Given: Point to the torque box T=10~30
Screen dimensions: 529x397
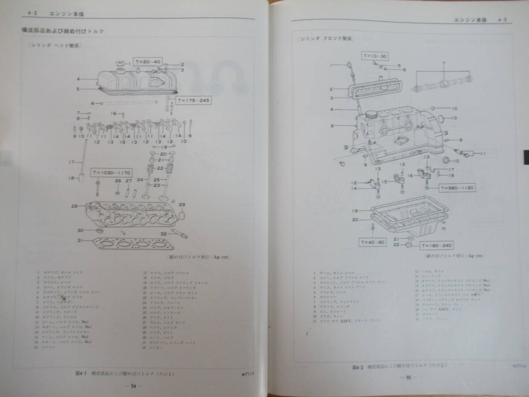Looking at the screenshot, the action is pos(375,56).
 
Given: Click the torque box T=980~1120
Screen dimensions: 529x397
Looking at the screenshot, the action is pos(457,187).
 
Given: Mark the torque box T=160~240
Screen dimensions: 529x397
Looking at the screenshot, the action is pos(437,245).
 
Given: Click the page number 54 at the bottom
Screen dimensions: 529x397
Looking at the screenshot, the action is pos(133,385).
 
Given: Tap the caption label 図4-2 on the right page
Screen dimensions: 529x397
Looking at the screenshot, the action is pos(354,367).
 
